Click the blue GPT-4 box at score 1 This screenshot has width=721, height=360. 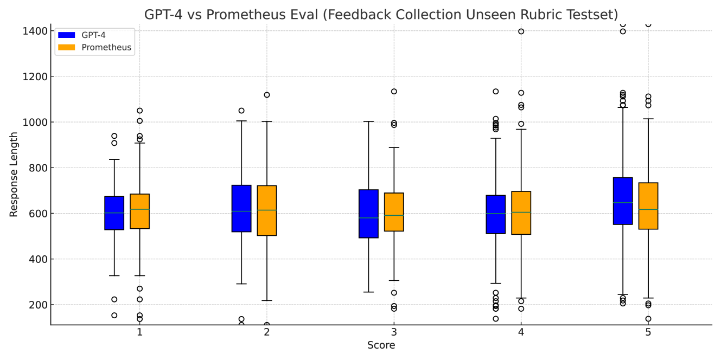coord(114,213)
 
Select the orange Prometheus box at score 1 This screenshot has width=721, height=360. coord(140,211)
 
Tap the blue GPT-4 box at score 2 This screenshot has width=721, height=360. coord(241,209)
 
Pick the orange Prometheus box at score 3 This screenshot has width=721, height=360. coord(394,212)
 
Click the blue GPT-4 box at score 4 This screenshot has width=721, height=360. coord(496,214)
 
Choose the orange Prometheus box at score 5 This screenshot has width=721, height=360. coord(648,206)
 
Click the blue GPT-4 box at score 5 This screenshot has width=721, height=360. coord(623,201)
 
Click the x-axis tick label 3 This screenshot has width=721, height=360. coord(394,332)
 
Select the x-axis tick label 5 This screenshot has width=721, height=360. coord(648,332)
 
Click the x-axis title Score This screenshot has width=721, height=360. coord(381,345)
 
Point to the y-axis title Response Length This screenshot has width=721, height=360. coord(14,175)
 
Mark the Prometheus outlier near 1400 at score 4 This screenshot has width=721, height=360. coord(521,31)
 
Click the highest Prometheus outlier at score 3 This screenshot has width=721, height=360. coord(394,92)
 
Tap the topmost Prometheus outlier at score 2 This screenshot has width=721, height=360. coord(267,95)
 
